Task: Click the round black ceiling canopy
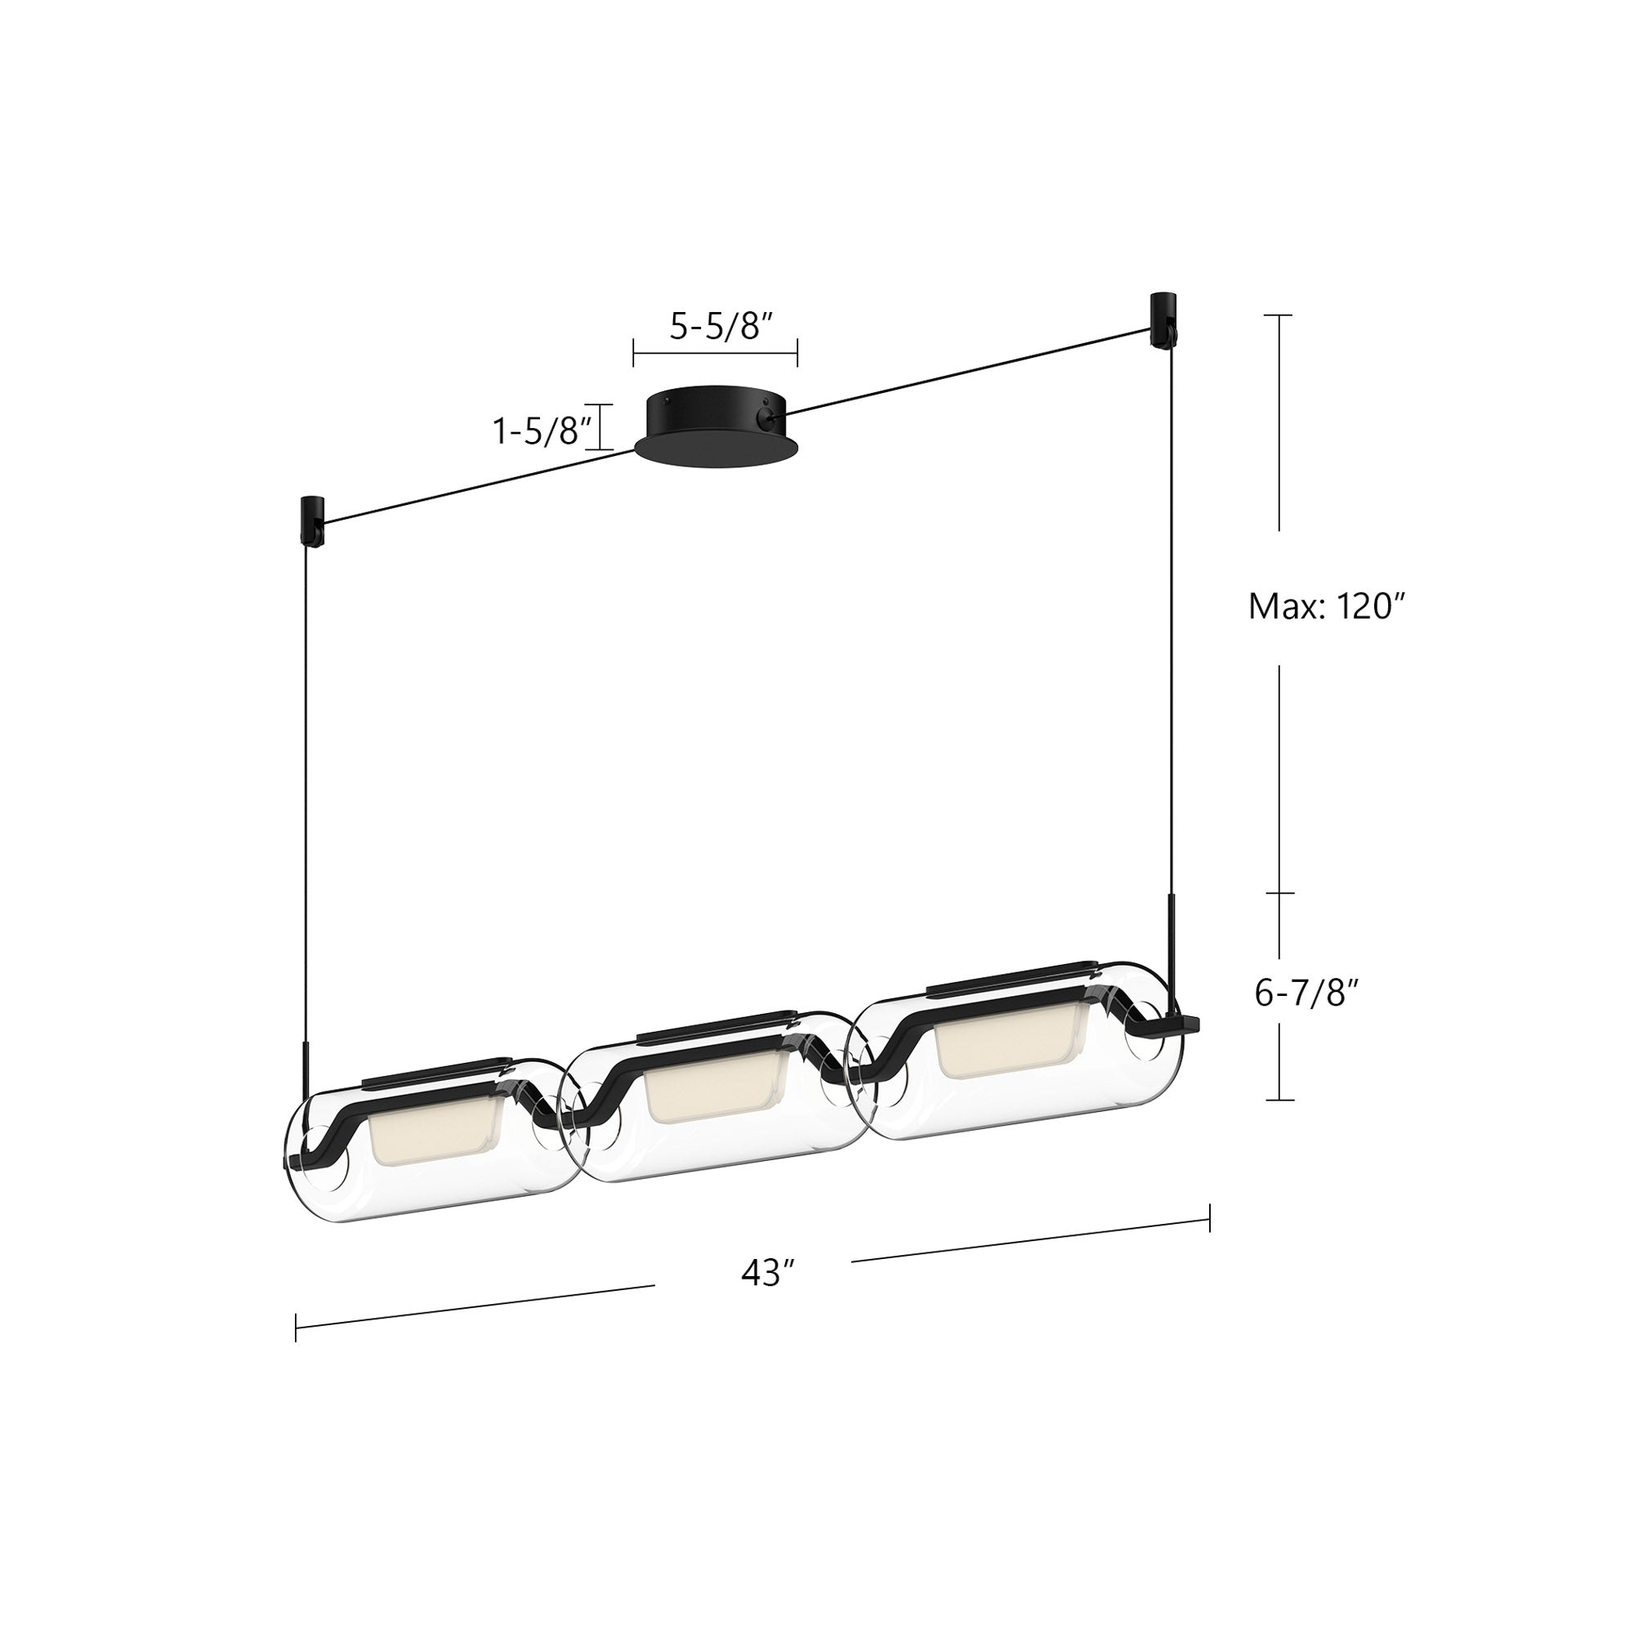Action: pos(716,426)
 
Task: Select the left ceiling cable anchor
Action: pos(309,520)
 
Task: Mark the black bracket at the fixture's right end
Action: pos(1180,1025)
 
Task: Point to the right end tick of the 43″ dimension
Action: pos(1209,1219)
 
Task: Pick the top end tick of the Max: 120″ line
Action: pos(1279,315)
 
